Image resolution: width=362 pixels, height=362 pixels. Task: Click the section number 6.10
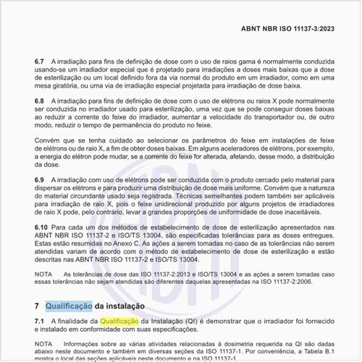(42, 228)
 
